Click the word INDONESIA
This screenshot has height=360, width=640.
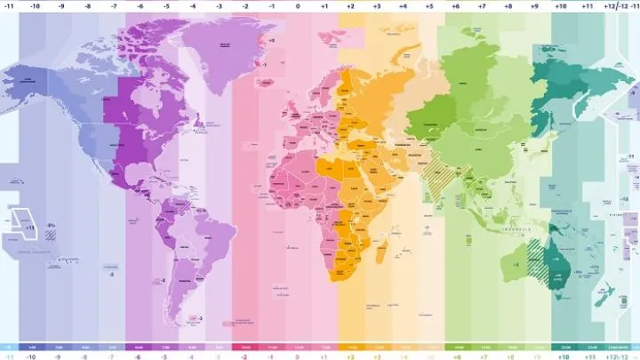point(518,229)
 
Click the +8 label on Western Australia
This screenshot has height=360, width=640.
point(516,263)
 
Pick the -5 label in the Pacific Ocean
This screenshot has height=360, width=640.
point(111,274)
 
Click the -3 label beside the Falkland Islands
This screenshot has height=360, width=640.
point(201,317)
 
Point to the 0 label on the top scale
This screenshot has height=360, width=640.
point(298,4)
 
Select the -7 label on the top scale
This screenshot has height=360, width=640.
point(113,4)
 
